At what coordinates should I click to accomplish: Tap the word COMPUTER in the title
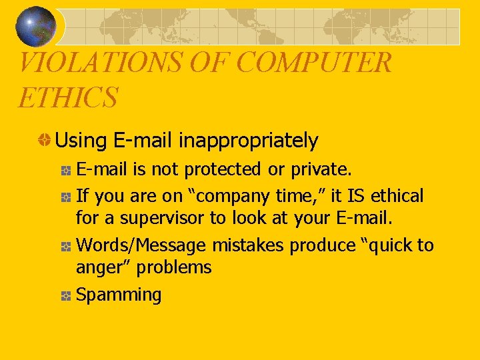coord(314,63)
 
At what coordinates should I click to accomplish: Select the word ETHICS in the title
coord(67,97)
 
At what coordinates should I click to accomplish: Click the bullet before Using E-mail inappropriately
coord(44,141)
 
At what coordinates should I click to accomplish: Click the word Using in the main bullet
coord(82,141)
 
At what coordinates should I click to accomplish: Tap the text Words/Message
coord(141,246)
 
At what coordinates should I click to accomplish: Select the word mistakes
coord(248,246)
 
